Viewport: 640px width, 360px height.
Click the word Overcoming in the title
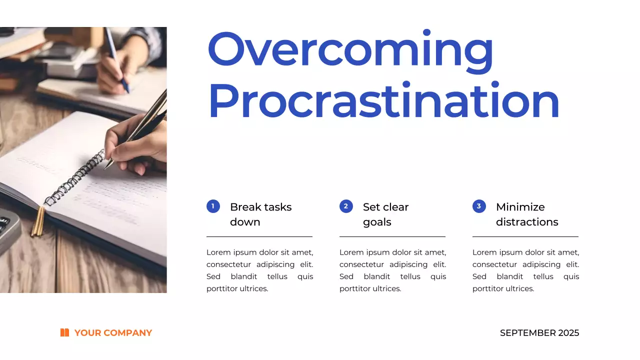click(x=350, y=50)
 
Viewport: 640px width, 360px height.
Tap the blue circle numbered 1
click(x=213, y=206)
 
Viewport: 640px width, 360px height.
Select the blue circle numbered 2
click(x=346, y=206)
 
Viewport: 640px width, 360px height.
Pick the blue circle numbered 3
click(x=479, y=206)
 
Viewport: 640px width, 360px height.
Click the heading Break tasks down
click(x=260, y=214)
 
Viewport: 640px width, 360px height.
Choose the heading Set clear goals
click(x=385, y=214)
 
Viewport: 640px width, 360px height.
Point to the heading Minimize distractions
click(x=527, y=214)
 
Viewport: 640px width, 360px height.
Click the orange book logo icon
click(x=64, y=332)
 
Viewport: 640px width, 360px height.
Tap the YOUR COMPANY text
click(x=113, y=333)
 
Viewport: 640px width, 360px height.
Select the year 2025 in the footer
click(x=569, y=333)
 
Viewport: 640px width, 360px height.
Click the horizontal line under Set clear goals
click(x=392, y=236)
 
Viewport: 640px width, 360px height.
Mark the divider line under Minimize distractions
click(x=525, y=236)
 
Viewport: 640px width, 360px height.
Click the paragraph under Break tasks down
click(x=259, y=270)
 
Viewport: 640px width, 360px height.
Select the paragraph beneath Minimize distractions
click(x=525, y=270)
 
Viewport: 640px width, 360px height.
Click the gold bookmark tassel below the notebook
click(x=38, y=222)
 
